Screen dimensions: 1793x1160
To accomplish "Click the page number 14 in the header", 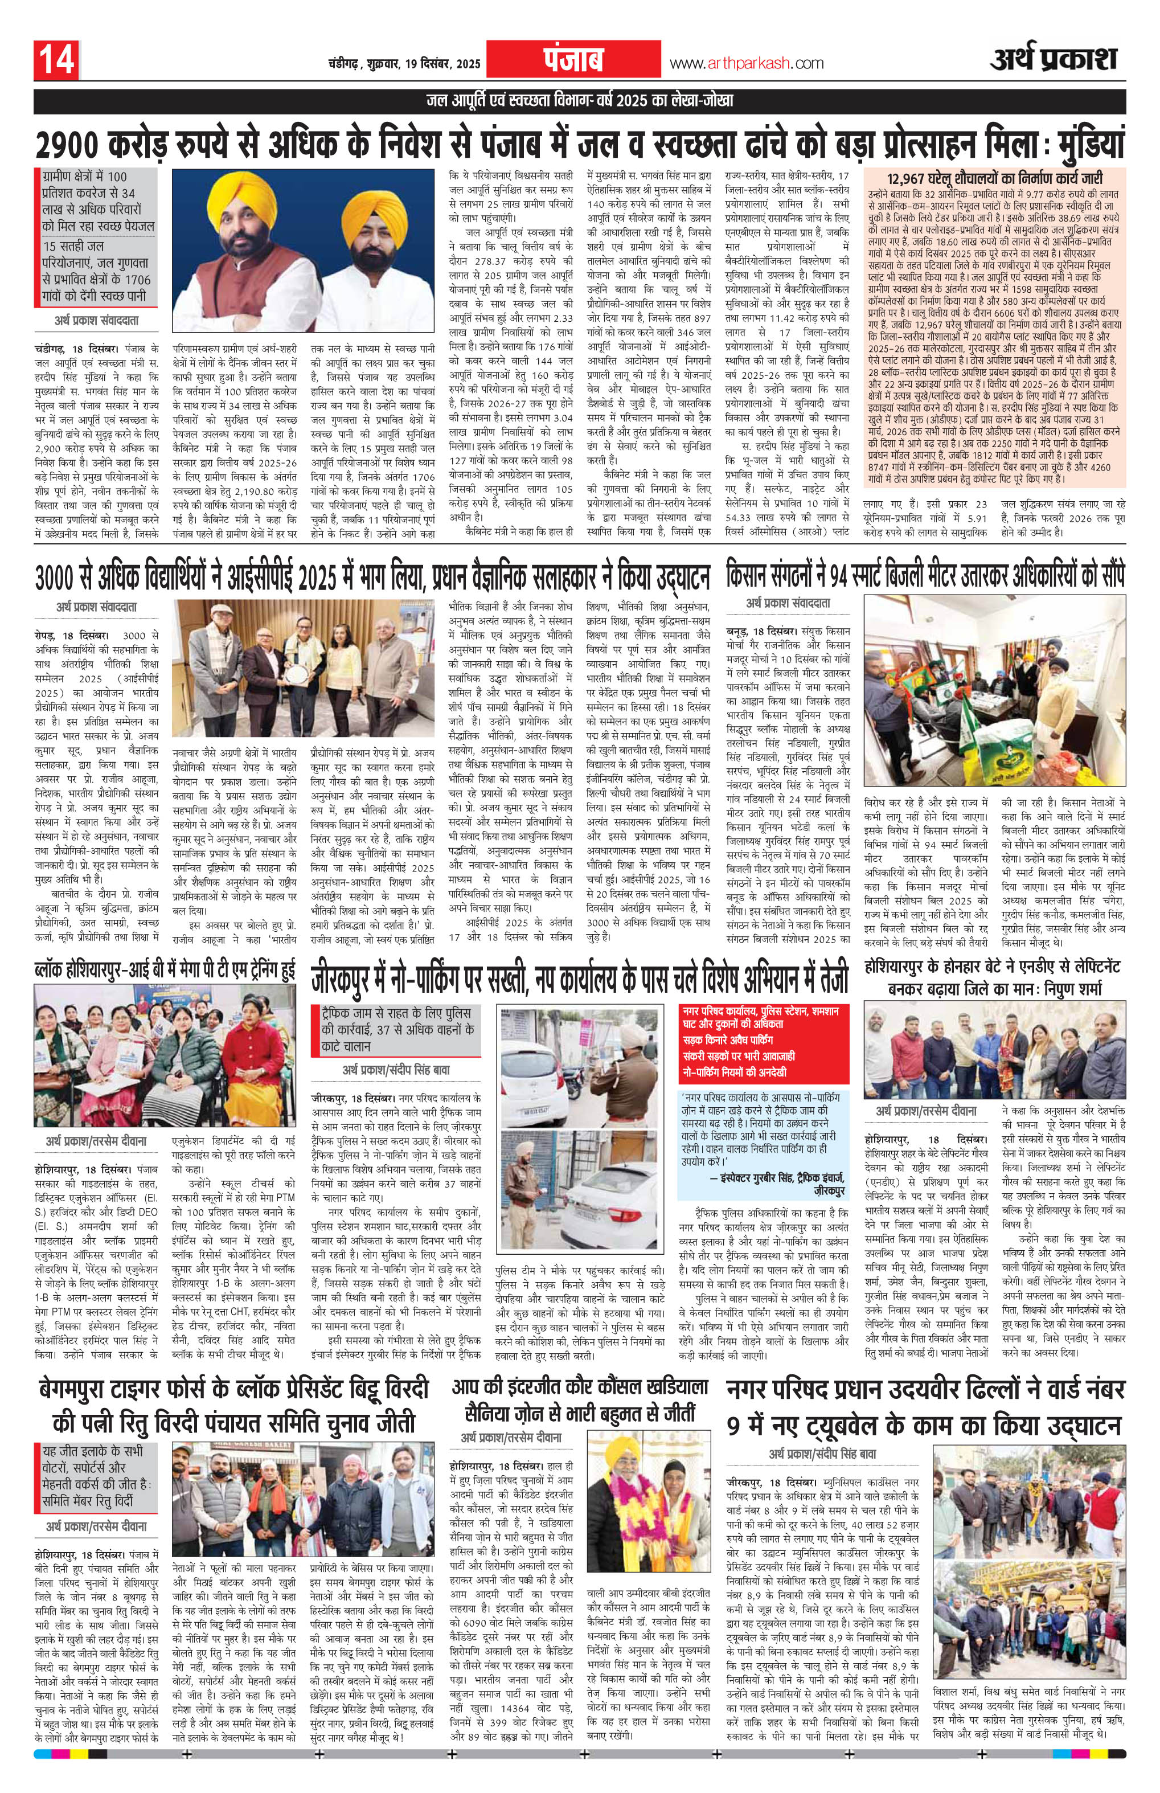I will tap(56, 61).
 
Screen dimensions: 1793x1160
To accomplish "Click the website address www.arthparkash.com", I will tap(747, 64).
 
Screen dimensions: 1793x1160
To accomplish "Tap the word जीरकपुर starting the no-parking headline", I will tap(354, 980).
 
